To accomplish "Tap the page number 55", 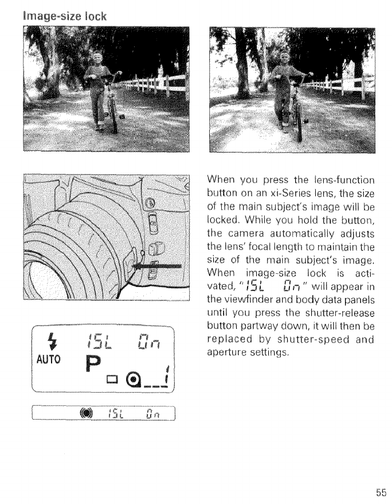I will pyautogui.click(x=381, y=491).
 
